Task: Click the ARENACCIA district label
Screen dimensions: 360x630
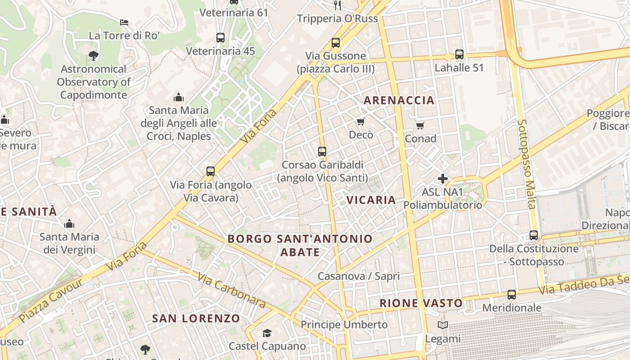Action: pyautogui.click(x=399, y=100)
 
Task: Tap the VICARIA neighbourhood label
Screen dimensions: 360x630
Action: pyautogui.click(x=371, y=200)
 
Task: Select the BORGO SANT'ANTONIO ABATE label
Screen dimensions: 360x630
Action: pyautogui.click(x=300, y=245)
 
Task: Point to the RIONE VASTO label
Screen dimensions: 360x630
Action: pyautogui.click(x=421, y=303)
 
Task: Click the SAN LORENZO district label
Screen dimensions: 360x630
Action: pyautogui.click(x=196, y=319)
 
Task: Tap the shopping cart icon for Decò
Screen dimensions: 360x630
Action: pyautogui.click(x=360, y=122)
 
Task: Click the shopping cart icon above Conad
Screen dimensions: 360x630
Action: pyautogui.click(x=420, y=126)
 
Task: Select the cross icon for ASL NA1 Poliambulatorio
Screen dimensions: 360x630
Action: pyautogui.click(x=443, y=179)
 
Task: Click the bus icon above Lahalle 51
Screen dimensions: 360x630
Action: pyautogui.click(x=459, y=54)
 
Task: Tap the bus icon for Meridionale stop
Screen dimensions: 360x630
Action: pyautogui.click(x=512, y=295)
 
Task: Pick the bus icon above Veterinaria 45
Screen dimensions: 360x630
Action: pyautogui.click(x=220, y=38)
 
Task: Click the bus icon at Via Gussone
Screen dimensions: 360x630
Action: pyautogui.click(x=335, y=43)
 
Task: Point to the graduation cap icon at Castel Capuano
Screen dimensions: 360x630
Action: pyautogui.click(x=267, y=333)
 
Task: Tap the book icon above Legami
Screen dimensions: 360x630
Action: pyautogui.click(x=443, y=325)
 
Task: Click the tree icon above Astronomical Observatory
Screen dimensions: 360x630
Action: pyautogui.click(x=94, y=56)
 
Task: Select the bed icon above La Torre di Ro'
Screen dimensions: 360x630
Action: pyautogui.click(x=124, y=22)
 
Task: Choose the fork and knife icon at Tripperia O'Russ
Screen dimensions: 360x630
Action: pyautogui.click(x=337, y=5)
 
